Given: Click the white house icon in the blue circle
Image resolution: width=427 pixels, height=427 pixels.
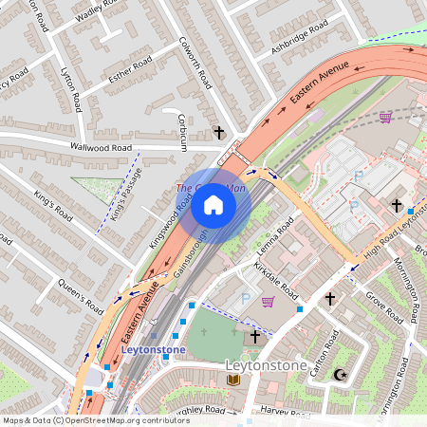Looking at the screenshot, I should coord(213,205).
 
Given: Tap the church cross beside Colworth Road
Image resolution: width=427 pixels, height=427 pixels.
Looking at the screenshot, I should coord(219,132).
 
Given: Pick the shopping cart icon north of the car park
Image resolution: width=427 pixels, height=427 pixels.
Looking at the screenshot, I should coord(385,117).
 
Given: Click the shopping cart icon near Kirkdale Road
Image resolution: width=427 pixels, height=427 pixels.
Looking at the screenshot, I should coord(269,302).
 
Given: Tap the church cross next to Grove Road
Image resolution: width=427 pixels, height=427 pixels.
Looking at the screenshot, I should coord(329,299).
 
